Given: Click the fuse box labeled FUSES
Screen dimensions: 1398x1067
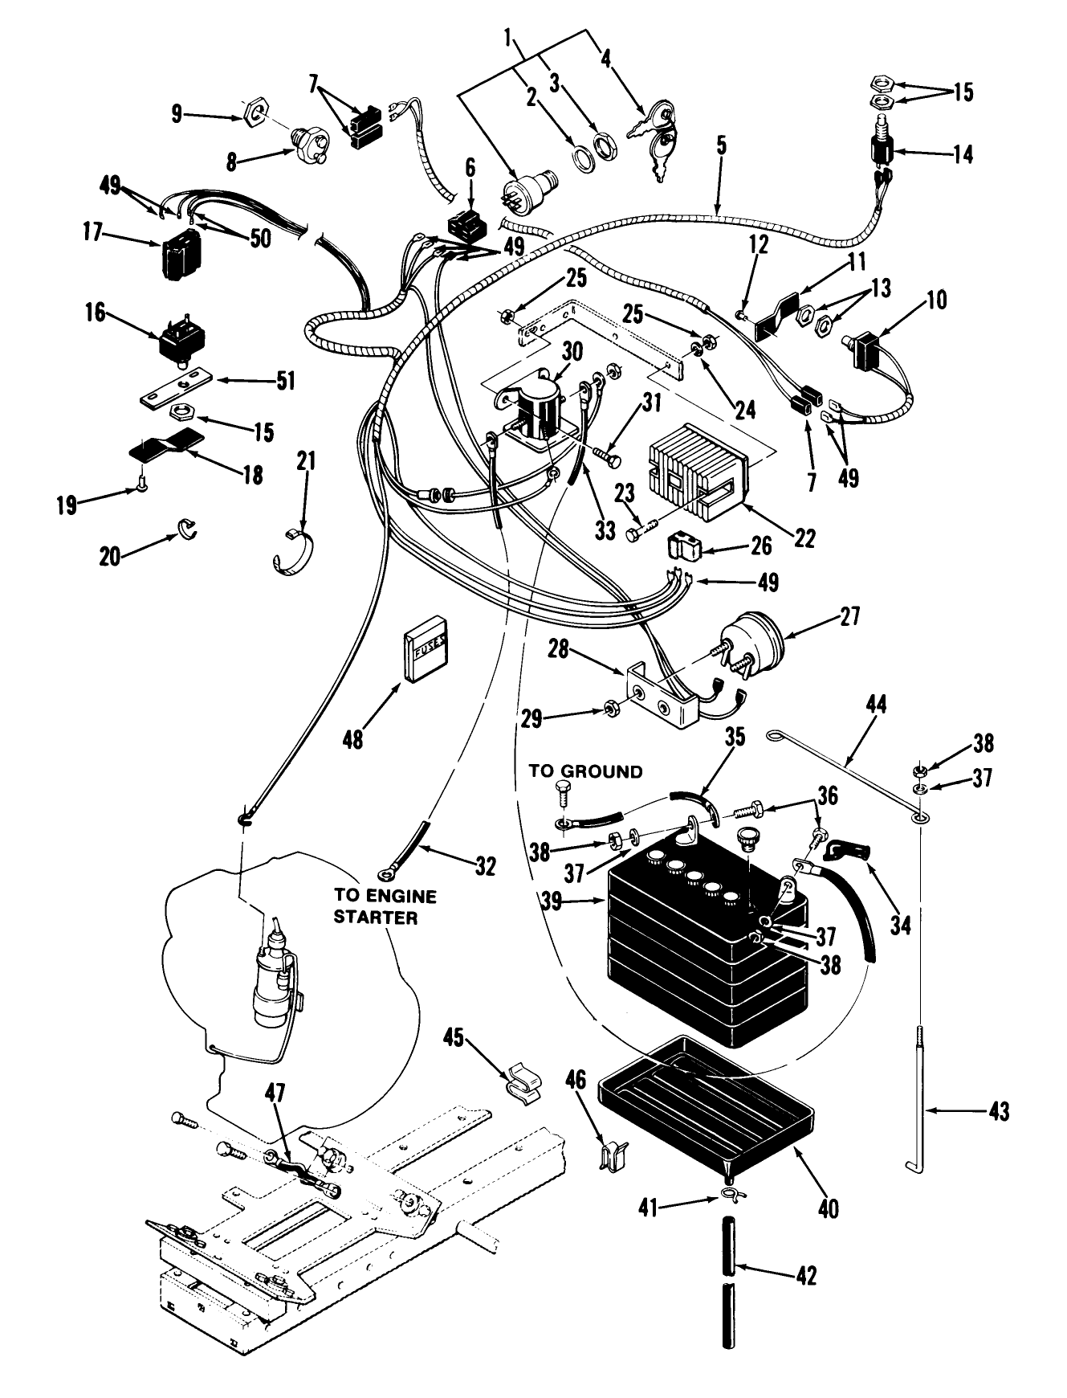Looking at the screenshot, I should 426,648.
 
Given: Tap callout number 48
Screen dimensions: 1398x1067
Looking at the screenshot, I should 352,737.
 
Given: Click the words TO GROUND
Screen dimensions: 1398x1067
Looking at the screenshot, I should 585,771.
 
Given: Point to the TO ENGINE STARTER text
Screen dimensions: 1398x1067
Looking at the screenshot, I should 374,905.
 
